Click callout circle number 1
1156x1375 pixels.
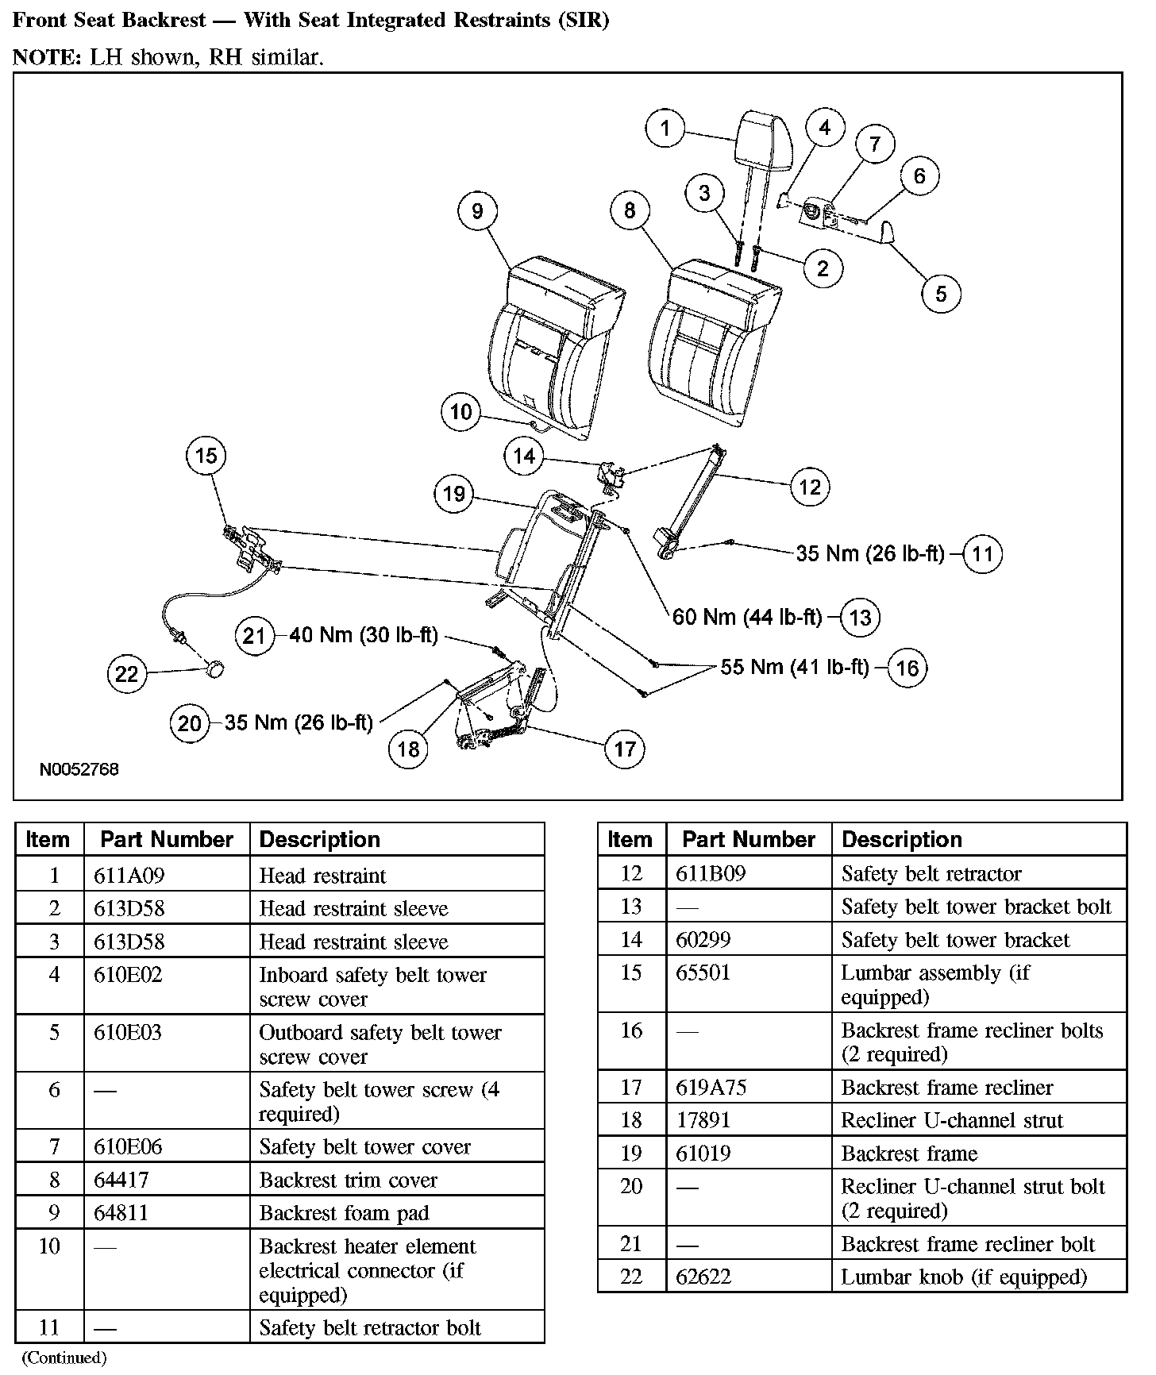665,128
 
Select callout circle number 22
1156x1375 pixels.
127,674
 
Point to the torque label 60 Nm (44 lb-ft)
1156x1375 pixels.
746,617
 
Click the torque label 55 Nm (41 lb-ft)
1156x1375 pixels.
795,667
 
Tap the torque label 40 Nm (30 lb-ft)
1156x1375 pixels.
364,635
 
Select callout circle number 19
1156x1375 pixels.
454,494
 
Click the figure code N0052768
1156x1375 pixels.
79,769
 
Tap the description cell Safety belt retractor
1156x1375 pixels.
931,873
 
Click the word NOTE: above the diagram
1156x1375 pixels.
46,57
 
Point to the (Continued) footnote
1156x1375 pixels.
64,1358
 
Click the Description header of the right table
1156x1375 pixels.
901,839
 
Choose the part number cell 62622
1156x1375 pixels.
703,1277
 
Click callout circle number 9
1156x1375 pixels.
477,210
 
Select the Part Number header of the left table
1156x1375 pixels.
167,839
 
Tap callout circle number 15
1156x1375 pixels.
206,456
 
